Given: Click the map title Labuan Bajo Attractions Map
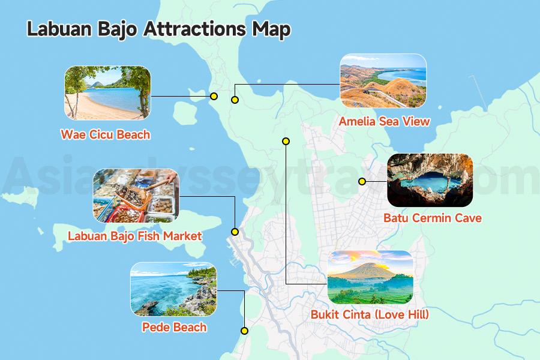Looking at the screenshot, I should pyautogui.click(x=158, y=29).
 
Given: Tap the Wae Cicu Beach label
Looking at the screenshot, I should pyautogui.click(x=106, y=134).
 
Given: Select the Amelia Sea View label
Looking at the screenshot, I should pyautogui.click(x=384, y=122).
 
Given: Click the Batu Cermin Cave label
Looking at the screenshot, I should pyautogui.click(x=432, y=218).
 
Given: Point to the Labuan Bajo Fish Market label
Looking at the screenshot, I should pyautogui.click(x=135, y=236).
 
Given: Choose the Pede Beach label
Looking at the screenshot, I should pyautogui.click(x=174, y=328).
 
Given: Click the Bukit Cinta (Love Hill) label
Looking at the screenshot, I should pyautogui.click(x=370, y=314).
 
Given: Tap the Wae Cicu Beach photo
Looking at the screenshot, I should pyautogui.click(x=107, y=93).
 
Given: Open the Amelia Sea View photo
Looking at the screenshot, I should pyautogui.click(x=383, y=81).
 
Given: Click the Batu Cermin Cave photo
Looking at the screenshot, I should pyautogui.click(x=430, y=180).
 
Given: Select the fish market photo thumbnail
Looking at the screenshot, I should pyautogui.click(x=136, y=196).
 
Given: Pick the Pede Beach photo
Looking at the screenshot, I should pyautogui.click(x=173, y=289).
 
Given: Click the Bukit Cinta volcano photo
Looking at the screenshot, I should pyautogui.click(x=370, y=277).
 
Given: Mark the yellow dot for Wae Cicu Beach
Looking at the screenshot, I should pyautogui.click(x=213, y=96).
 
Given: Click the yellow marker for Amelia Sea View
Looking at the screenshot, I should pyautogui.click(x=235, y=100).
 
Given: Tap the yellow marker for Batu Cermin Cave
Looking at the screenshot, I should pyautogui.click(x=362, y=181).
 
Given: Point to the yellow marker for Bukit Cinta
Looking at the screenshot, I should pyautogui.click(x=286, y=141).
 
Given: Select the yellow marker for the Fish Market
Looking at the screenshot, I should pyautogui.click(x=235, y=232).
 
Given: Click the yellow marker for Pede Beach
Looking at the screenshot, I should pyautogui.click(x=244, y=331).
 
